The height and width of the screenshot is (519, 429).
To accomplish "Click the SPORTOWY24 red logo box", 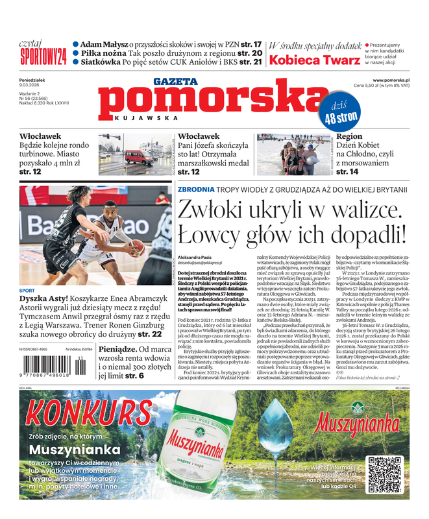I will tap(43, 56).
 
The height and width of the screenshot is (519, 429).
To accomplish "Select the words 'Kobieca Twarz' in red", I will tap(314, 60).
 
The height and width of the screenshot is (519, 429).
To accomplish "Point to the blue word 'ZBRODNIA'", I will tap(195, 189).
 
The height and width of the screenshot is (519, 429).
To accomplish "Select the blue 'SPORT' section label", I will tap(27, 290).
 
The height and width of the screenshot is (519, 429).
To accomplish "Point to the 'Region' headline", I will tap(349, 137).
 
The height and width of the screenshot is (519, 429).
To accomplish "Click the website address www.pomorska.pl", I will tap(395, 80).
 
